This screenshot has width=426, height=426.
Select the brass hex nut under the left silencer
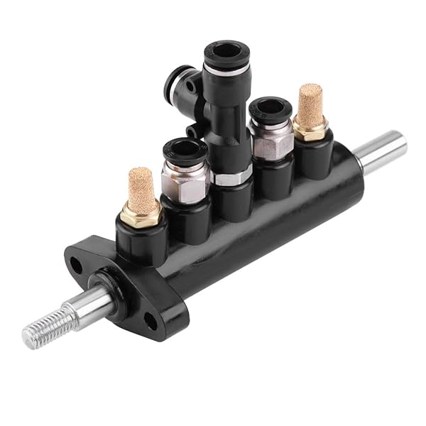click(141, 213)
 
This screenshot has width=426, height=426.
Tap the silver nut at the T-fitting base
click(233, 177)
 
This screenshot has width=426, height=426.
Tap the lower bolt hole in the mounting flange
click(150, 321)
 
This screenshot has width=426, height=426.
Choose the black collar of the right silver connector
click(270, 109)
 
